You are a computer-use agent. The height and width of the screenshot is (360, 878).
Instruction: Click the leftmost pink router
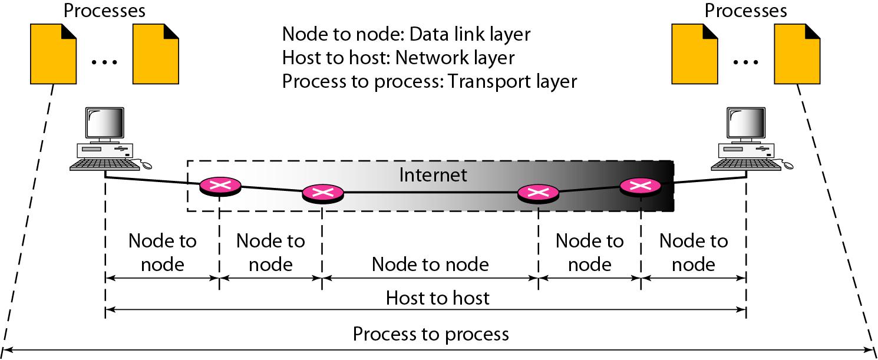[x=220, y=186]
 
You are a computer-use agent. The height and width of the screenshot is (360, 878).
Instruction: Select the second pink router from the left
[x=322, y=193]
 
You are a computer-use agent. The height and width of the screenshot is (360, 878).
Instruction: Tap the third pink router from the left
[x=537, y=193]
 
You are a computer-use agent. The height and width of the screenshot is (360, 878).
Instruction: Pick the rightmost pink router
[x=640, y=186]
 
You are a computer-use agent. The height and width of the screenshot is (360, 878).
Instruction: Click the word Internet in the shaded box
[x=433, y=175]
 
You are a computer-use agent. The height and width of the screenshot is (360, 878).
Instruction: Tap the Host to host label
[x=437, y=298]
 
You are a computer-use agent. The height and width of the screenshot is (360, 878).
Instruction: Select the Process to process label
[x=430, y=334]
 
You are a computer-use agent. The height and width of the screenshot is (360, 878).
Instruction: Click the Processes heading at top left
[x=104, y=10]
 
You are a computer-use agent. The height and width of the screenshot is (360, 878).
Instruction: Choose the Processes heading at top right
[x=745, y=10]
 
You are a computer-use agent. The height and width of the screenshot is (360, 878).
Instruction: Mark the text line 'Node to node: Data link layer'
[x=406, y=35]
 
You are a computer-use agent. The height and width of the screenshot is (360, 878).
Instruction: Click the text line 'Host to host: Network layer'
[x=398, y=58]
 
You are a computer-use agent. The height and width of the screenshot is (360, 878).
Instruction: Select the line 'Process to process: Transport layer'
[x=429, y=81]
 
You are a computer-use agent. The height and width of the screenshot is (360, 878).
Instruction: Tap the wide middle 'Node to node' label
[x=430, y=264]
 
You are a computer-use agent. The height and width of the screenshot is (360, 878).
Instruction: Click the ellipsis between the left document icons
[x=105, y=61]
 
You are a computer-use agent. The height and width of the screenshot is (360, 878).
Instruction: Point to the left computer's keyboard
[x=99, y=166]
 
